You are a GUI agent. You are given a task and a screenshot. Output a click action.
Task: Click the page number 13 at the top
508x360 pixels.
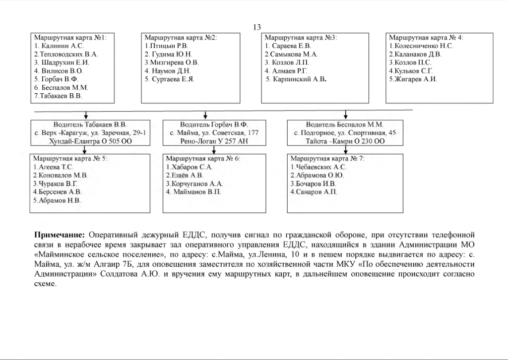[x=257, y=27]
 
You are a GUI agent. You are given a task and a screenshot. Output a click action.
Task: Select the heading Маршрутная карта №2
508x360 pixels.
[x=181, y=37]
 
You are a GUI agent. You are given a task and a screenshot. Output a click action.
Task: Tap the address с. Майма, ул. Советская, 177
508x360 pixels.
[x=214, y=133]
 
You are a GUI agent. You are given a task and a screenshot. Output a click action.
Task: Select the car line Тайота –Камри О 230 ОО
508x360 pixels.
[x=345, y=141]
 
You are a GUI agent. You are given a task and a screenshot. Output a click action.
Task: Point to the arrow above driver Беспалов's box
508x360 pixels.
[x=346, y=115]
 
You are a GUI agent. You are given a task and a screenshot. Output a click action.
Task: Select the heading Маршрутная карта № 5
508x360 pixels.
[x=70, y=159]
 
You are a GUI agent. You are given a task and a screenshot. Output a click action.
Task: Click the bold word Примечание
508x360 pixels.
[x=60, y=234]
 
